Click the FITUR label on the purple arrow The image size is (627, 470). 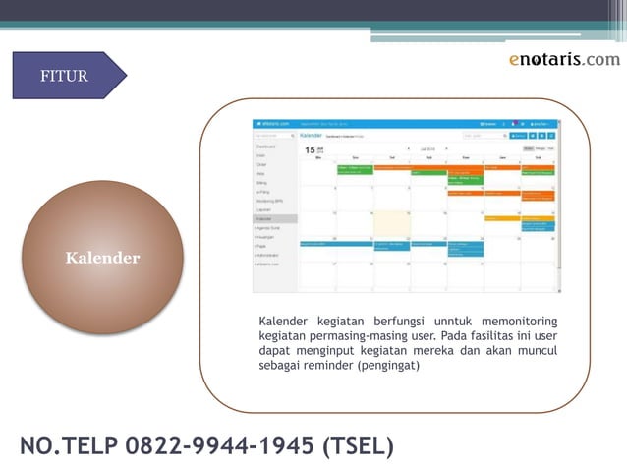pos(64,76)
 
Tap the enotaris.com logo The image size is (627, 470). pos(564,59)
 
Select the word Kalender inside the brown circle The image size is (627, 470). pos(102,259)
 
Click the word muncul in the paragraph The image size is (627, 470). pos(535,350)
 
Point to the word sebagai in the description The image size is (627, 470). pos(280,365)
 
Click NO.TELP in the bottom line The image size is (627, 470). pos(66,446)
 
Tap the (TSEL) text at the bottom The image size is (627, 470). pos(358,446)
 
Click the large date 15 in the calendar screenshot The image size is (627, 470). pos(311,150)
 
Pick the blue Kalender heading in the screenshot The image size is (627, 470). pos(312,135)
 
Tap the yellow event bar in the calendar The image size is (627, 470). pos(502,218)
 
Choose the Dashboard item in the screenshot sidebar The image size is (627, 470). pos(266,147)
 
